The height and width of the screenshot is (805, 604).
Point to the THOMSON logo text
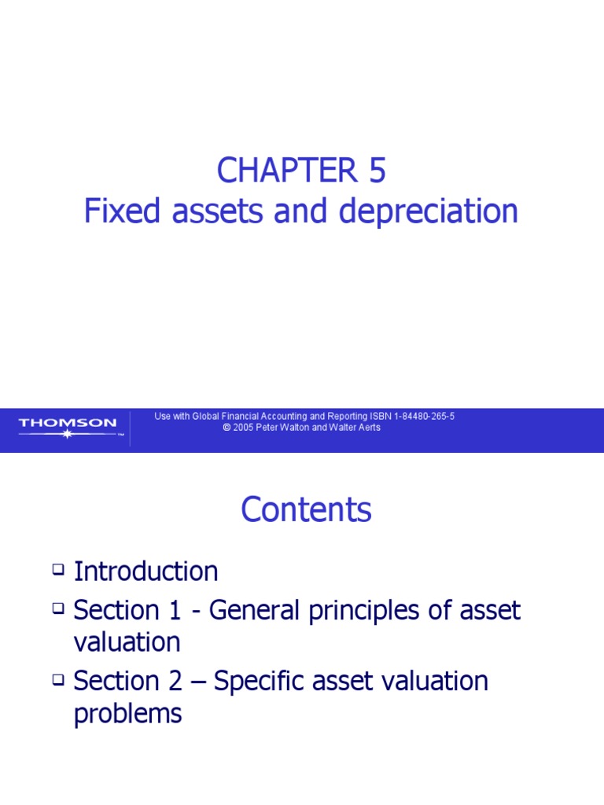67,423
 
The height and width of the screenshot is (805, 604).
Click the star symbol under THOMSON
67,434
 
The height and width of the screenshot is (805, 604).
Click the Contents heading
306,510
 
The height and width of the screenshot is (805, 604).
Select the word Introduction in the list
145,572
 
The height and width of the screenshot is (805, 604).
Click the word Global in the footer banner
208,417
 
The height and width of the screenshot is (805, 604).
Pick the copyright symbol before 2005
226,428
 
